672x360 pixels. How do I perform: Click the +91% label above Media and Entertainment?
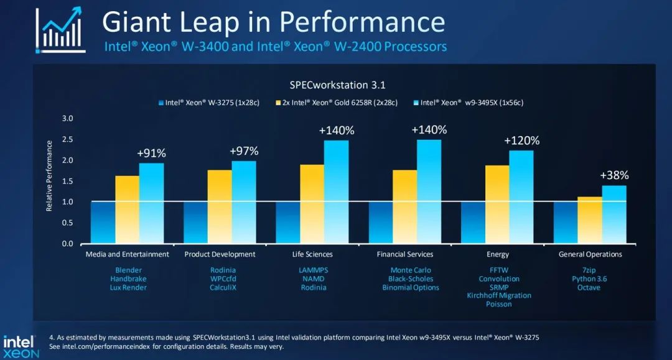[x=151, y=153]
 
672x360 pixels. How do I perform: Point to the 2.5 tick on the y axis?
[x=68, y=139]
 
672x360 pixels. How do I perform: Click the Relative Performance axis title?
[x=50, y=175]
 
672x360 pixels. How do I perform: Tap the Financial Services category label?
[x=404, y=254]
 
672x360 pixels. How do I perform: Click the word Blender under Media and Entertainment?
[x=128, y=270]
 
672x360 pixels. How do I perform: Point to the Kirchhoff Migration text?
[x=499, y=295]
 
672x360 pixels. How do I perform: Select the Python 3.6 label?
[x=589, y=279]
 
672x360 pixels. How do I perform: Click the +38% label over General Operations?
[x=614, y=175]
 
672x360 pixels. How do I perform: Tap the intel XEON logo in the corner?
[x=21, y=346]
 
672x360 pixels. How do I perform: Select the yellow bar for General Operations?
[x=590, y=220]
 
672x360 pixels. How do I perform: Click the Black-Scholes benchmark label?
[x=411, y=279]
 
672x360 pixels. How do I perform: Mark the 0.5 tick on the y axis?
[x=68, y=223]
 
